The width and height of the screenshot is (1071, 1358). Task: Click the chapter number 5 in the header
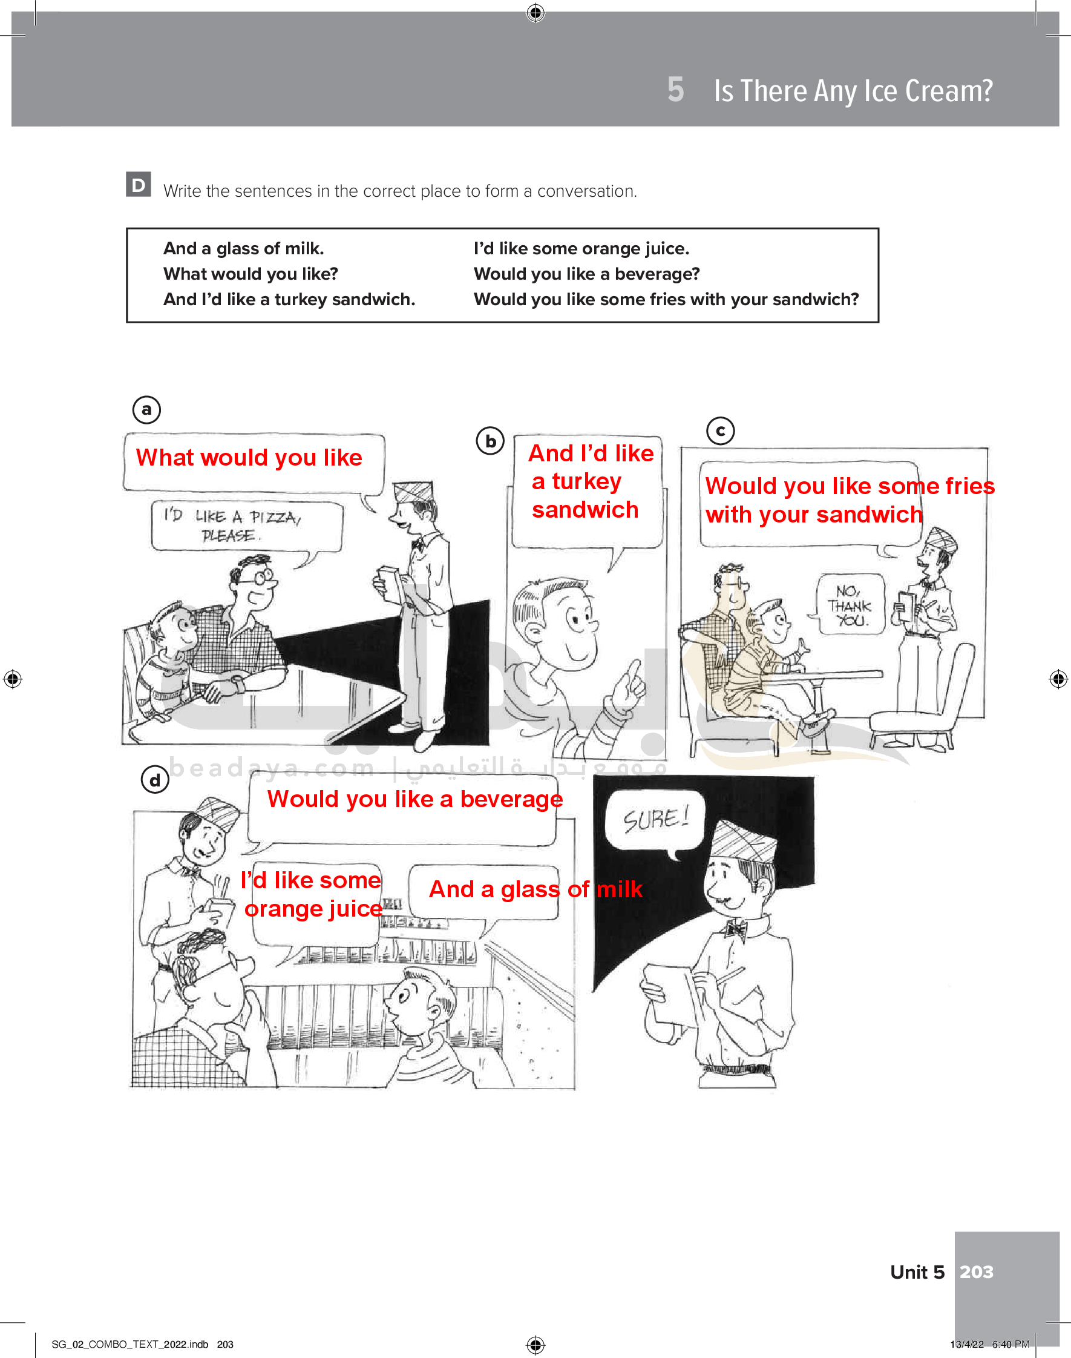675,90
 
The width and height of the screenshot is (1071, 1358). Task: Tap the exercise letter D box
139,185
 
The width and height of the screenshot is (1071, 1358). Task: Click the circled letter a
146,410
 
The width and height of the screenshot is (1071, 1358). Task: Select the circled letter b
490,441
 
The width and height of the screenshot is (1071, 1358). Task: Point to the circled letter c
721,431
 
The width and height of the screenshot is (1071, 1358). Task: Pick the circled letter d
155,780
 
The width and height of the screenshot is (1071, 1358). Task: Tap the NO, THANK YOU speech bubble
850,605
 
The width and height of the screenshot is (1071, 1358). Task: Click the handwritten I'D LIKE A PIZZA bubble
247,527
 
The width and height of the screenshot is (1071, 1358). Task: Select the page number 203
977,1271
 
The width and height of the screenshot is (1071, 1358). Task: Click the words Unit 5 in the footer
917,1271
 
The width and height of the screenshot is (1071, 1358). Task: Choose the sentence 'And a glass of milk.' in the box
243,248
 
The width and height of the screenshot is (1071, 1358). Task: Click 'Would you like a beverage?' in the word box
586,274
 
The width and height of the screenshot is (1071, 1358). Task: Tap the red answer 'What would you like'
249,457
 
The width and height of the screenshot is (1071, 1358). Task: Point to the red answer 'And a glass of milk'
535,889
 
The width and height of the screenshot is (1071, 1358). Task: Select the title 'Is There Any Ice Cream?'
853,91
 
